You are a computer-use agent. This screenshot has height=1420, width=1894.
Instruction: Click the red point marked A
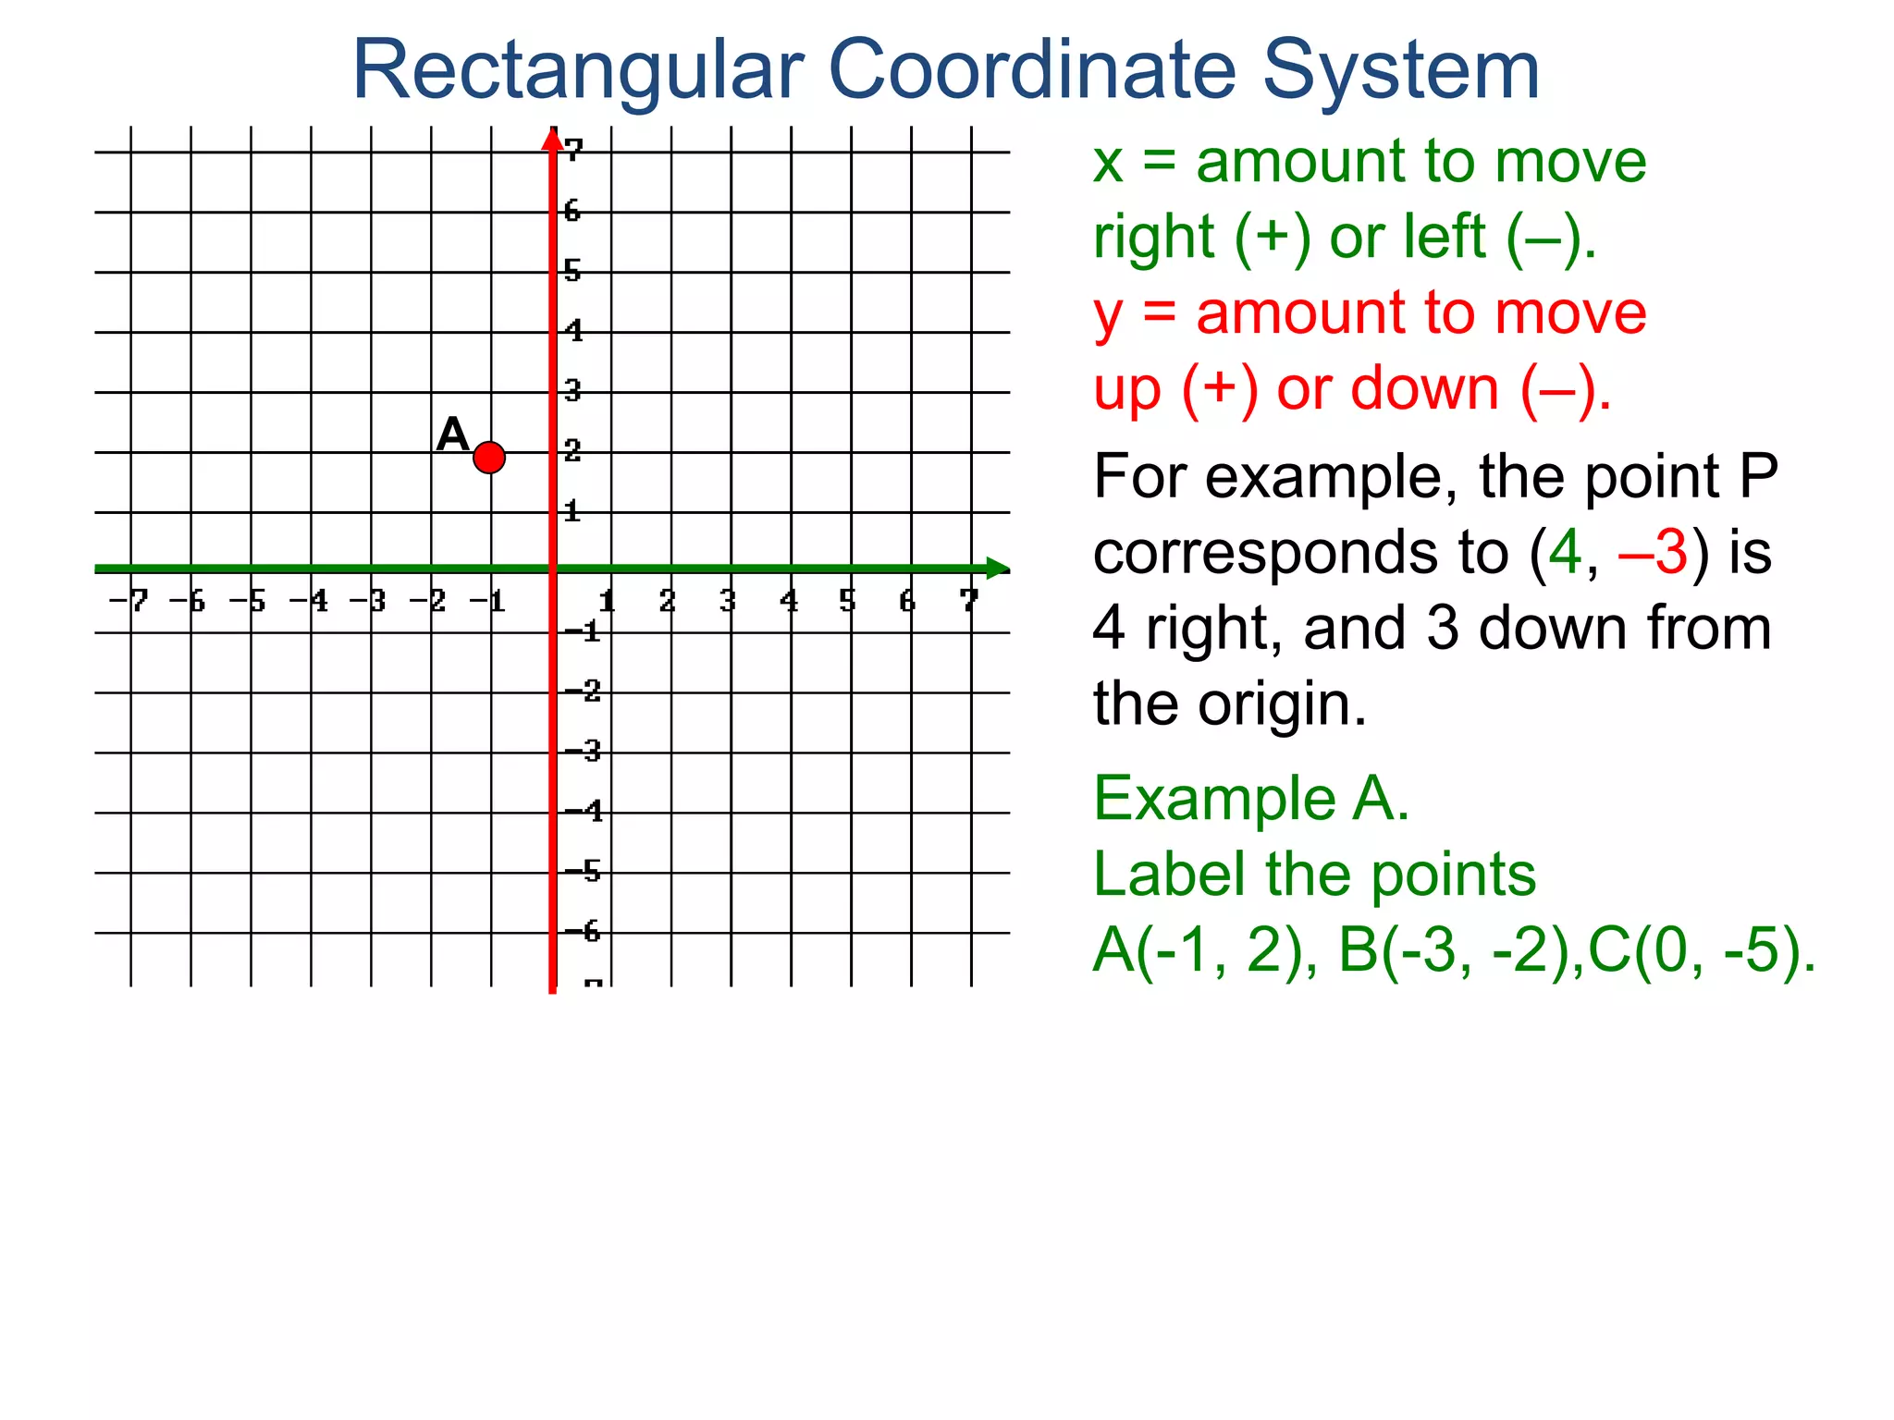click(488, 457)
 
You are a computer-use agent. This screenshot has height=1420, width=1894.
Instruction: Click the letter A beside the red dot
click(452, 434)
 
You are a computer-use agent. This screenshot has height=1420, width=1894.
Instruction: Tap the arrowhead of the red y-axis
click(552, 139)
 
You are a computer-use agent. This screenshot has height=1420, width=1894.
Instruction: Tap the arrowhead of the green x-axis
click(997, 569)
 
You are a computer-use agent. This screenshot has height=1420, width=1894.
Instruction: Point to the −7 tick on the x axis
click(129, 601)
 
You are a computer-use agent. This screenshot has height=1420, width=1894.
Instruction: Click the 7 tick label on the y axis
click(574, 149)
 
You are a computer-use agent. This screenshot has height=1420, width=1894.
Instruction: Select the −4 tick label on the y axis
click(584, 811)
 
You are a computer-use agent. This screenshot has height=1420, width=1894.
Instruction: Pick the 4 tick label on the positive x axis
click(788, 601)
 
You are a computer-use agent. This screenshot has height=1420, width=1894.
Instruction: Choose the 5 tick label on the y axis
click(573, 270)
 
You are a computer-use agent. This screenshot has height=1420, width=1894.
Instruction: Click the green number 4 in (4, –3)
click(1565, 553)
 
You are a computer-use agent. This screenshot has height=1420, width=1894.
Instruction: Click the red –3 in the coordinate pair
click(1654, 553)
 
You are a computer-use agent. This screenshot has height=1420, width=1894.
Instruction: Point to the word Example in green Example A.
click(1214, 799)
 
